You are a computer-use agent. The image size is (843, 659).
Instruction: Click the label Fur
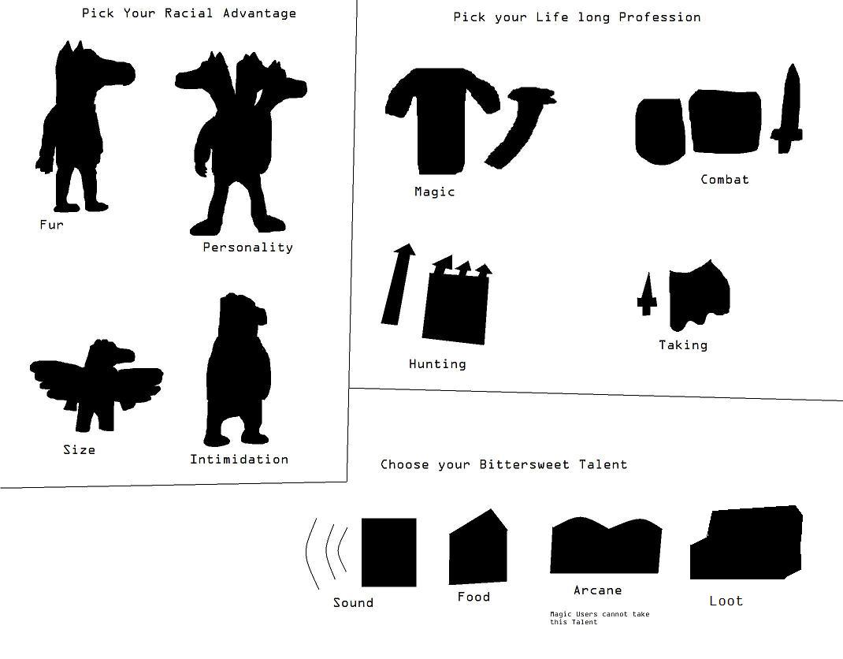coord(52,225)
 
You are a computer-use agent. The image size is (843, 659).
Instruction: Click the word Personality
coord(248,248)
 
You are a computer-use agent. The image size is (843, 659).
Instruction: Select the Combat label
coord(725,179)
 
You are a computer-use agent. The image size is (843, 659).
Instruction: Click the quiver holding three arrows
coord(457,301)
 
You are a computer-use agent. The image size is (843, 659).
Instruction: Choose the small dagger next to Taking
coord(648,295)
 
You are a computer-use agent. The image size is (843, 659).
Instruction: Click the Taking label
coord(683,344)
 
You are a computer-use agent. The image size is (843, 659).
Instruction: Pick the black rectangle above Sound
coord(388,552)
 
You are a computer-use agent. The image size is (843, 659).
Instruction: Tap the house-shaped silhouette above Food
coord(478,548)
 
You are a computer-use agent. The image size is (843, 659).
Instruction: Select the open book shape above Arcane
coord(606,546)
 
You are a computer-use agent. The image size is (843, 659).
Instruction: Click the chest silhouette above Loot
coord(746,543)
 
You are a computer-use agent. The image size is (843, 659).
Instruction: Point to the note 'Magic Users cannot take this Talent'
coord(600,618)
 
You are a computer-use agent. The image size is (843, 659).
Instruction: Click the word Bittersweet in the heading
coord(524,464)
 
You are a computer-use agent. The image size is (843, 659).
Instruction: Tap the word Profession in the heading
coord(659,17)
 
